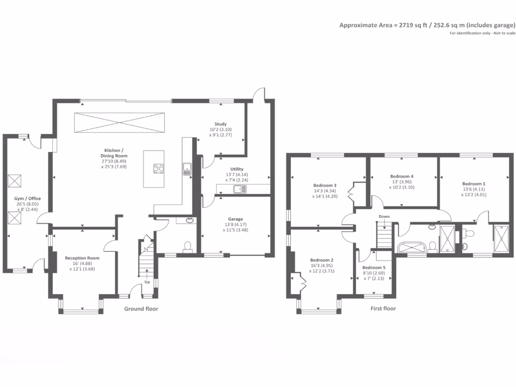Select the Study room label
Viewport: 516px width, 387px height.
tap(221, 124)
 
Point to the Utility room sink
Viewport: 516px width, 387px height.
tap(239, 189)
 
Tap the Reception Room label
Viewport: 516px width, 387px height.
tap(82, 257)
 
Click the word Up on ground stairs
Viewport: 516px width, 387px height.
tap(148, 282)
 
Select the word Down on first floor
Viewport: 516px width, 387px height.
tap(384, 216)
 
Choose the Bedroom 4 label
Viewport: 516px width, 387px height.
tap(402, 176)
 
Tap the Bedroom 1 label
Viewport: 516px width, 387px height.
tap(474, 183)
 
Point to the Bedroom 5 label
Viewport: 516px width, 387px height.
tap(374, 267)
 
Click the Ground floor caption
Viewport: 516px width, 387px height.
tap(141, 309)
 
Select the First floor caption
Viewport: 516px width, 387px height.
tap(382, 308)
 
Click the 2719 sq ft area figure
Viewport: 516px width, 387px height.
tap(413, 25)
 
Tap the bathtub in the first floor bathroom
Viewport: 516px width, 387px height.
tap(412, 247)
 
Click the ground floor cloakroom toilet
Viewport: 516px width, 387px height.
tap(187, 246)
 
